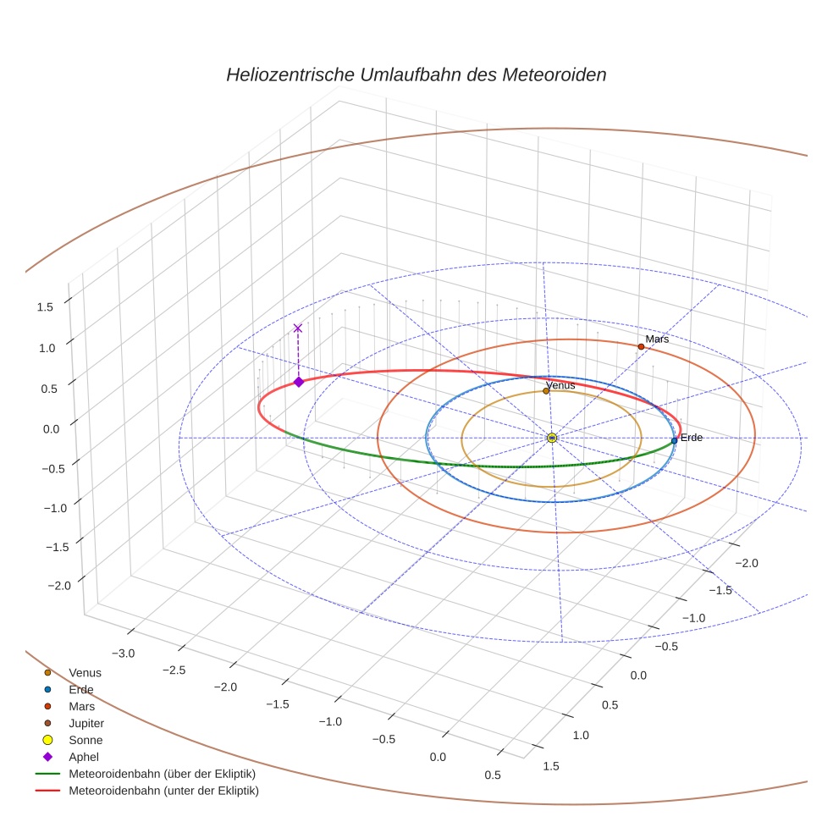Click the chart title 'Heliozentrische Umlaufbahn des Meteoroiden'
[x=416, y=74]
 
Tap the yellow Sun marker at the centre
[x=551, y=438]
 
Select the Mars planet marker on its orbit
[x=641, y=346]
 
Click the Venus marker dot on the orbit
[x=546, y=391]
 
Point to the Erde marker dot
[x=674, y=440]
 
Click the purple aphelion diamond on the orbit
[x=298, y=382]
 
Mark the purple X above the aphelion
[x=297, y=328]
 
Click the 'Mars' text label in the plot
[x=657, y=339]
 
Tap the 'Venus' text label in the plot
[x=560, y=385]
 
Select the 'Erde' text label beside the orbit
[x=692, y=438]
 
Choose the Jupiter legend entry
[x=86, y=724]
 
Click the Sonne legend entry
[x=86, y=740]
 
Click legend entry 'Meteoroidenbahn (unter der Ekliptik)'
[x=163, y=791]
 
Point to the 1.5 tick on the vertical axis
[x=45, y=307]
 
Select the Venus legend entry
[x=85, y=673]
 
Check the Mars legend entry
[x=81, y=706]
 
